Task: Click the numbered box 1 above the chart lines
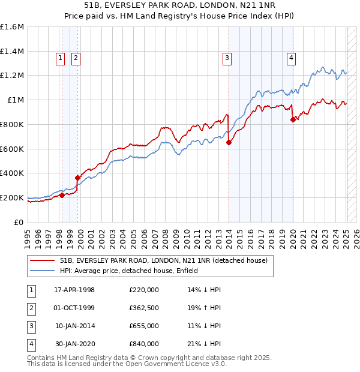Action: point(61,58)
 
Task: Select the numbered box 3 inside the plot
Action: point(227,58)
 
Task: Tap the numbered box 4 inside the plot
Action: point(291,58)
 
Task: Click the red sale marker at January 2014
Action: point(229,142)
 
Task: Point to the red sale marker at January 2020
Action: point(293,119)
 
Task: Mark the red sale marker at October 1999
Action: point(77,178)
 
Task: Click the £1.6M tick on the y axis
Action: point(12,27)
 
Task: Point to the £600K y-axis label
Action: point(12,149)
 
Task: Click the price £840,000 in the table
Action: point(144,344)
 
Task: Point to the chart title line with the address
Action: point(180,7)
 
